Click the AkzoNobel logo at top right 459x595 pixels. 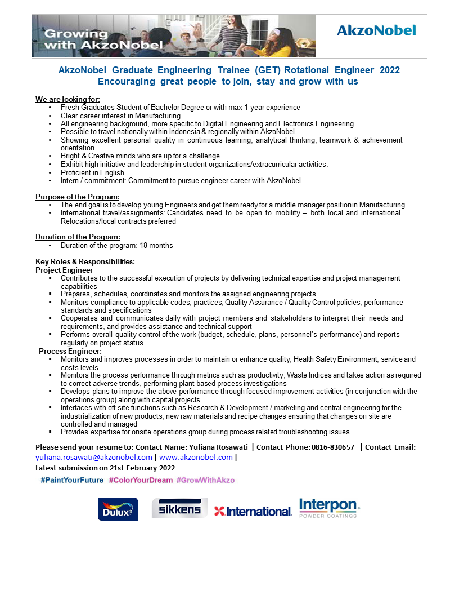[376, 30]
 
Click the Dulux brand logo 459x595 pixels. [118, 509]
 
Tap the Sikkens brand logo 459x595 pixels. [179, 508]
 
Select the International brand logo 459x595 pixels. [253, 511]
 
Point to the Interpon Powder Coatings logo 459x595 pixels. [329, 507]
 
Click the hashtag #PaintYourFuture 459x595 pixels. [72, 480]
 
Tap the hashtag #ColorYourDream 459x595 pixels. [141, 480]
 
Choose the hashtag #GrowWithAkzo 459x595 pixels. [205, 480]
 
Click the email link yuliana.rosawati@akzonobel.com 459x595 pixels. [94, 458]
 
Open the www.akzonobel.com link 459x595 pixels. [196, 458]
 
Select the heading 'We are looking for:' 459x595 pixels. [67, 99]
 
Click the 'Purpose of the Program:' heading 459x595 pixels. [77, 197]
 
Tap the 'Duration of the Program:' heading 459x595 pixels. [78, 237]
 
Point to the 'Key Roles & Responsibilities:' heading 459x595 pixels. [85, 262]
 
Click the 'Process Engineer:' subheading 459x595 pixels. [70, 351]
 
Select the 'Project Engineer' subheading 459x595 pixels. [64, 270]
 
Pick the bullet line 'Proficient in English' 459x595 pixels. [92, 172]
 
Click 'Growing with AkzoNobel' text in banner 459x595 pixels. [103, 39]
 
